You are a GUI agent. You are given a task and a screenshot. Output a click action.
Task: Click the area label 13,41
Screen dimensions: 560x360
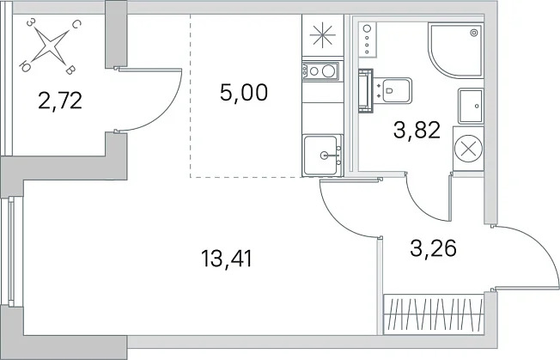227,259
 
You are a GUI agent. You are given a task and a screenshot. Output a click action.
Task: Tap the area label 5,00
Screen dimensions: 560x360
244,92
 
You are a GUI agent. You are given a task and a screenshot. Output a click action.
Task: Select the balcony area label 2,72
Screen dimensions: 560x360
60,101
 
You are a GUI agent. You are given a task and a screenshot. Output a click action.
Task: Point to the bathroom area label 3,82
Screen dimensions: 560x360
417,130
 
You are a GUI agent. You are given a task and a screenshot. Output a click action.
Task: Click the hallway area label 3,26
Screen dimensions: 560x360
433,248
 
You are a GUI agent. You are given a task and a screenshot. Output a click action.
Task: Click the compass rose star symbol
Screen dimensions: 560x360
50,46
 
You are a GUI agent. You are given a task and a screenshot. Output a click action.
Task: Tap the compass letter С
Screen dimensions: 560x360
76,24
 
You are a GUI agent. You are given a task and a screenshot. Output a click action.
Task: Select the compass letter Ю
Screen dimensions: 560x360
24,66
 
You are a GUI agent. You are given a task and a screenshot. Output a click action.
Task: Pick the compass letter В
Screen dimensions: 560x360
70,70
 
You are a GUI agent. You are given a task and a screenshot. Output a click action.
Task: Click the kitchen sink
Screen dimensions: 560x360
322,156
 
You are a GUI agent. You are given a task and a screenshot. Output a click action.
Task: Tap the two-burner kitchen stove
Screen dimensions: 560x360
320,71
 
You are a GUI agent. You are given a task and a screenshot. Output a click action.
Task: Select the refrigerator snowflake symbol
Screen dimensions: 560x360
322,35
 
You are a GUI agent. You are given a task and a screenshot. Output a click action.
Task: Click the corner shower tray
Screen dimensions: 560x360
456,51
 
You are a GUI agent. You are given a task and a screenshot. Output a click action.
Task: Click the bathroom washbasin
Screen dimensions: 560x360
471,106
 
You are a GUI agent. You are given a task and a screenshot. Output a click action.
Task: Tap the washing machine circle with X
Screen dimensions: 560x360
468,149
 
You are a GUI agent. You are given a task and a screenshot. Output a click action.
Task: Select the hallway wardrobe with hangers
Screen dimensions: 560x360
434,314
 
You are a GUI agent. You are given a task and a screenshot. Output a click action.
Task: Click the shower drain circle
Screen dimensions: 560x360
474,33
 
